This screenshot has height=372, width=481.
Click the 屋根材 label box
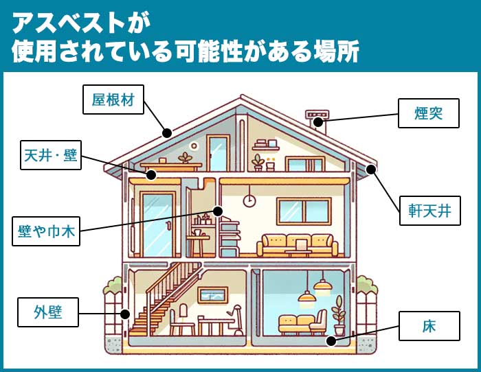[113, 100]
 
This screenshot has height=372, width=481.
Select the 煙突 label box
[429, 113]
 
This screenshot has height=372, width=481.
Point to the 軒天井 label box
[429, 211]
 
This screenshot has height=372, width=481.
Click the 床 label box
[429, 327]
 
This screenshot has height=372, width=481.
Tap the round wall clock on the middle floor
[249, 200]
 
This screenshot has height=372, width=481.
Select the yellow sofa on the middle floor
[298, 244]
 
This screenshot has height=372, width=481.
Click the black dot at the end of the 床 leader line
[331, 340]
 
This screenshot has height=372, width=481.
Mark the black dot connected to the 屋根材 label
[166, 133]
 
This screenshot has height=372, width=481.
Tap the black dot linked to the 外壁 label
[125, 314]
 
